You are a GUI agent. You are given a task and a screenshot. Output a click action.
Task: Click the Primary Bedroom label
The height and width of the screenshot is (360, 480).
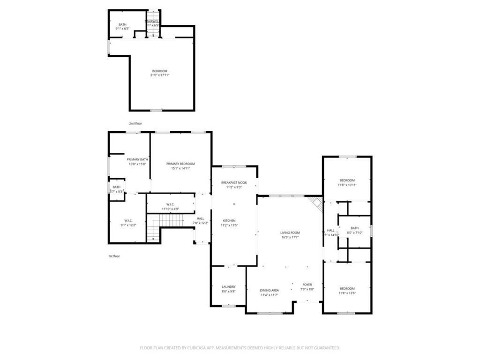(x=180, y=164)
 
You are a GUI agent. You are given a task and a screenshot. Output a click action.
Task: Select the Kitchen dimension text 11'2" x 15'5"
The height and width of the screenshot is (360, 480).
(x=229, y=225)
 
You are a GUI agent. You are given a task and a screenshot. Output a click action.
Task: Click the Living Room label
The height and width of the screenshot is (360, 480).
(x=290, y=232)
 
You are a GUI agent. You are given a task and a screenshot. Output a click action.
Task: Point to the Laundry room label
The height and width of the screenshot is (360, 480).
(x=229, y=286)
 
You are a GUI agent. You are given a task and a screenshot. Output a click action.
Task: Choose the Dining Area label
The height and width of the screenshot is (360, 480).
(x=270, y=290)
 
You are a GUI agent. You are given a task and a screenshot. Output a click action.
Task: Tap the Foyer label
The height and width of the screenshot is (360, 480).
(x=307, y=285)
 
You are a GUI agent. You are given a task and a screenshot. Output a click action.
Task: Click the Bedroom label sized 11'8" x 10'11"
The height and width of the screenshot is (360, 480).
(x=347, y=180)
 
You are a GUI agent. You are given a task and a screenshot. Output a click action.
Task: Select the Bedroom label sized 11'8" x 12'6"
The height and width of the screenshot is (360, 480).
(x=347, y=288)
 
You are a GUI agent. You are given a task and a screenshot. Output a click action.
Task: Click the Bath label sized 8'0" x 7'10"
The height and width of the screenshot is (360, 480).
(x=354, y=228)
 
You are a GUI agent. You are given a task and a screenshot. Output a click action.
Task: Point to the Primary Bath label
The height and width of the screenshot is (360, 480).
(x=137, y=159)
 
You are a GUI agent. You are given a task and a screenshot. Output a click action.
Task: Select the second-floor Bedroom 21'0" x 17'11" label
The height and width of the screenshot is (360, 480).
(x=159, y=71)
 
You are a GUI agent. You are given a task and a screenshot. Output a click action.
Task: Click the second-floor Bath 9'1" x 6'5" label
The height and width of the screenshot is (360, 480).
(x=122, y=25)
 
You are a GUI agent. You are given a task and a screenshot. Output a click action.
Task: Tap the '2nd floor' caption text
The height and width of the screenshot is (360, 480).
(x=135, y=123)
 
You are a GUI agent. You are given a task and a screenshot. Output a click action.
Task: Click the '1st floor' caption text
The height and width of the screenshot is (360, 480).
(x=114, y=256)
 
